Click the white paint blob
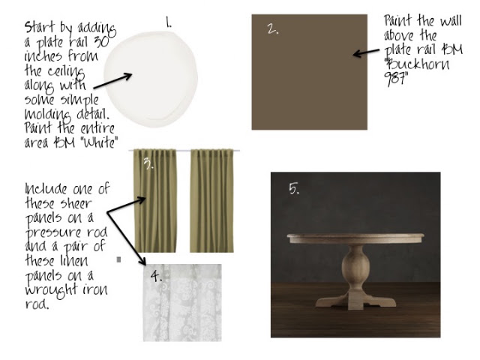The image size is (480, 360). coord(151,79)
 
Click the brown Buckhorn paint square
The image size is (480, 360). coord(310,72)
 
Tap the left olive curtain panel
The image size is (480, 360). coord(155,201)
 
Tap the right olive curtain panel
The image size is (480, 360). coord(211,201)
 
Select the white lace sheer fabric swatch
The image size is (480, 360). coord(182,303)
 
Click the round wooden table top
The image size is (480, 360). coord(355,238)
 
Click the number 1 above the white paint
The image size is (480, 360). coord(168,22)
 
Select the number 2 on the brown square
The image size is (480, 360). coord(272,29)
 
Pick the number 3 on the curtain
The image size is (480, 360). coord(148,163)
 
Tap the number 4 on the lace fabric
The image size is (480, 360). coord(156,276)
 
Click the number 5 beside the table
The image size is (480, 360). coord(294,188)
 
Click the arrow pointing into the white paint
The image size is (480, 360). coord(112,81)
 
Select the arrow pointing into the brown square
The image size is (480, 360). coord(366,53)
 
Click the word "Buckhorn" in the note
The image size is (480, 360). coord(417,64)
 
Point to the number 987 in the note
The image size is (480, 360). coord(396,79)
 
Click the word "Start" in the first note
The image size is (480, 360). coord(40,27)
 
